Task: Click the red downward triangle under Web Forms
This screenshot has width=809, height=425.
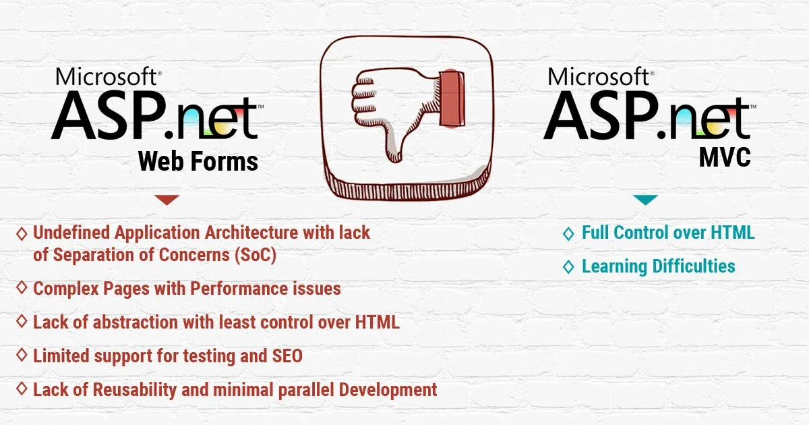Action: tap(167, 200)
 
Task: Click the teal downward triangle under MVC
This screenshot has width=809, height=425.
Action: tap(645, 200)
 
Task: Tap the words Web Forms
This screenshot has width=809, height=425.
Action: tap(198, 161)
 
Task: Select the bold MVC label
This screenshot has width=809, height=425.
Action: tap(725, 157)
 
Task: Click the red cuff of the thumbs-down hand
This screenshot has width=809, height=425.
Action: tap(452, 98)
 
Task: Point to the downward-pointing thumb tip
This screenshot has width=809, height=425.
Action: tap(394, 159)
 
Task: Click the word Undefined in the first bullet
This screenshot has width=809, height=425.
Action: tap(71, 232)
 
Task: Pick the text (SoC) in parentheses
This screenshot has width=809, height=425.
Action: tap(256, 255)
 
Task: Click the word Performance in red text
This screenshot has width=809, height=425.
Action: tap(239, 289)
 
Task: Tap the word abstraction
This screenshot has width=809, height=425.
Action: tap(136, 322)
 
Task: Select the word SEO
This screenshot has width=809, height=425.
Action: tap(287, 356)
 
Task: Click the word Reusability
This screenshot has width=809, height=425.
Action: tap(134, 390)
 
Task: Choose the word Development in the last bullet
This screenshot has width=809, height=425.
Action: tap(388, 390)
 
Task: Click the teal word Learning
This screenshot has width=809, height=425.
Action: tap(614, 266)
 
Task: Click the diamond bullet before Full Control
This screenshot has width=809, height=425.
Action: tap(568, 234)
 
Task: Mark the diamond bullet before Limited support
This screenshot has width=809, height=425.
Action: tap(22, 355)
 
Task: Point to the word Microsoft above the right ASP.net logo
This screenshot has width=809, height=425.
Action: tap(599, 76)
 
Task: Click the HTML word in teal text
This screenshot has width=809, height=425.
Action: tap(733, 232)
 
